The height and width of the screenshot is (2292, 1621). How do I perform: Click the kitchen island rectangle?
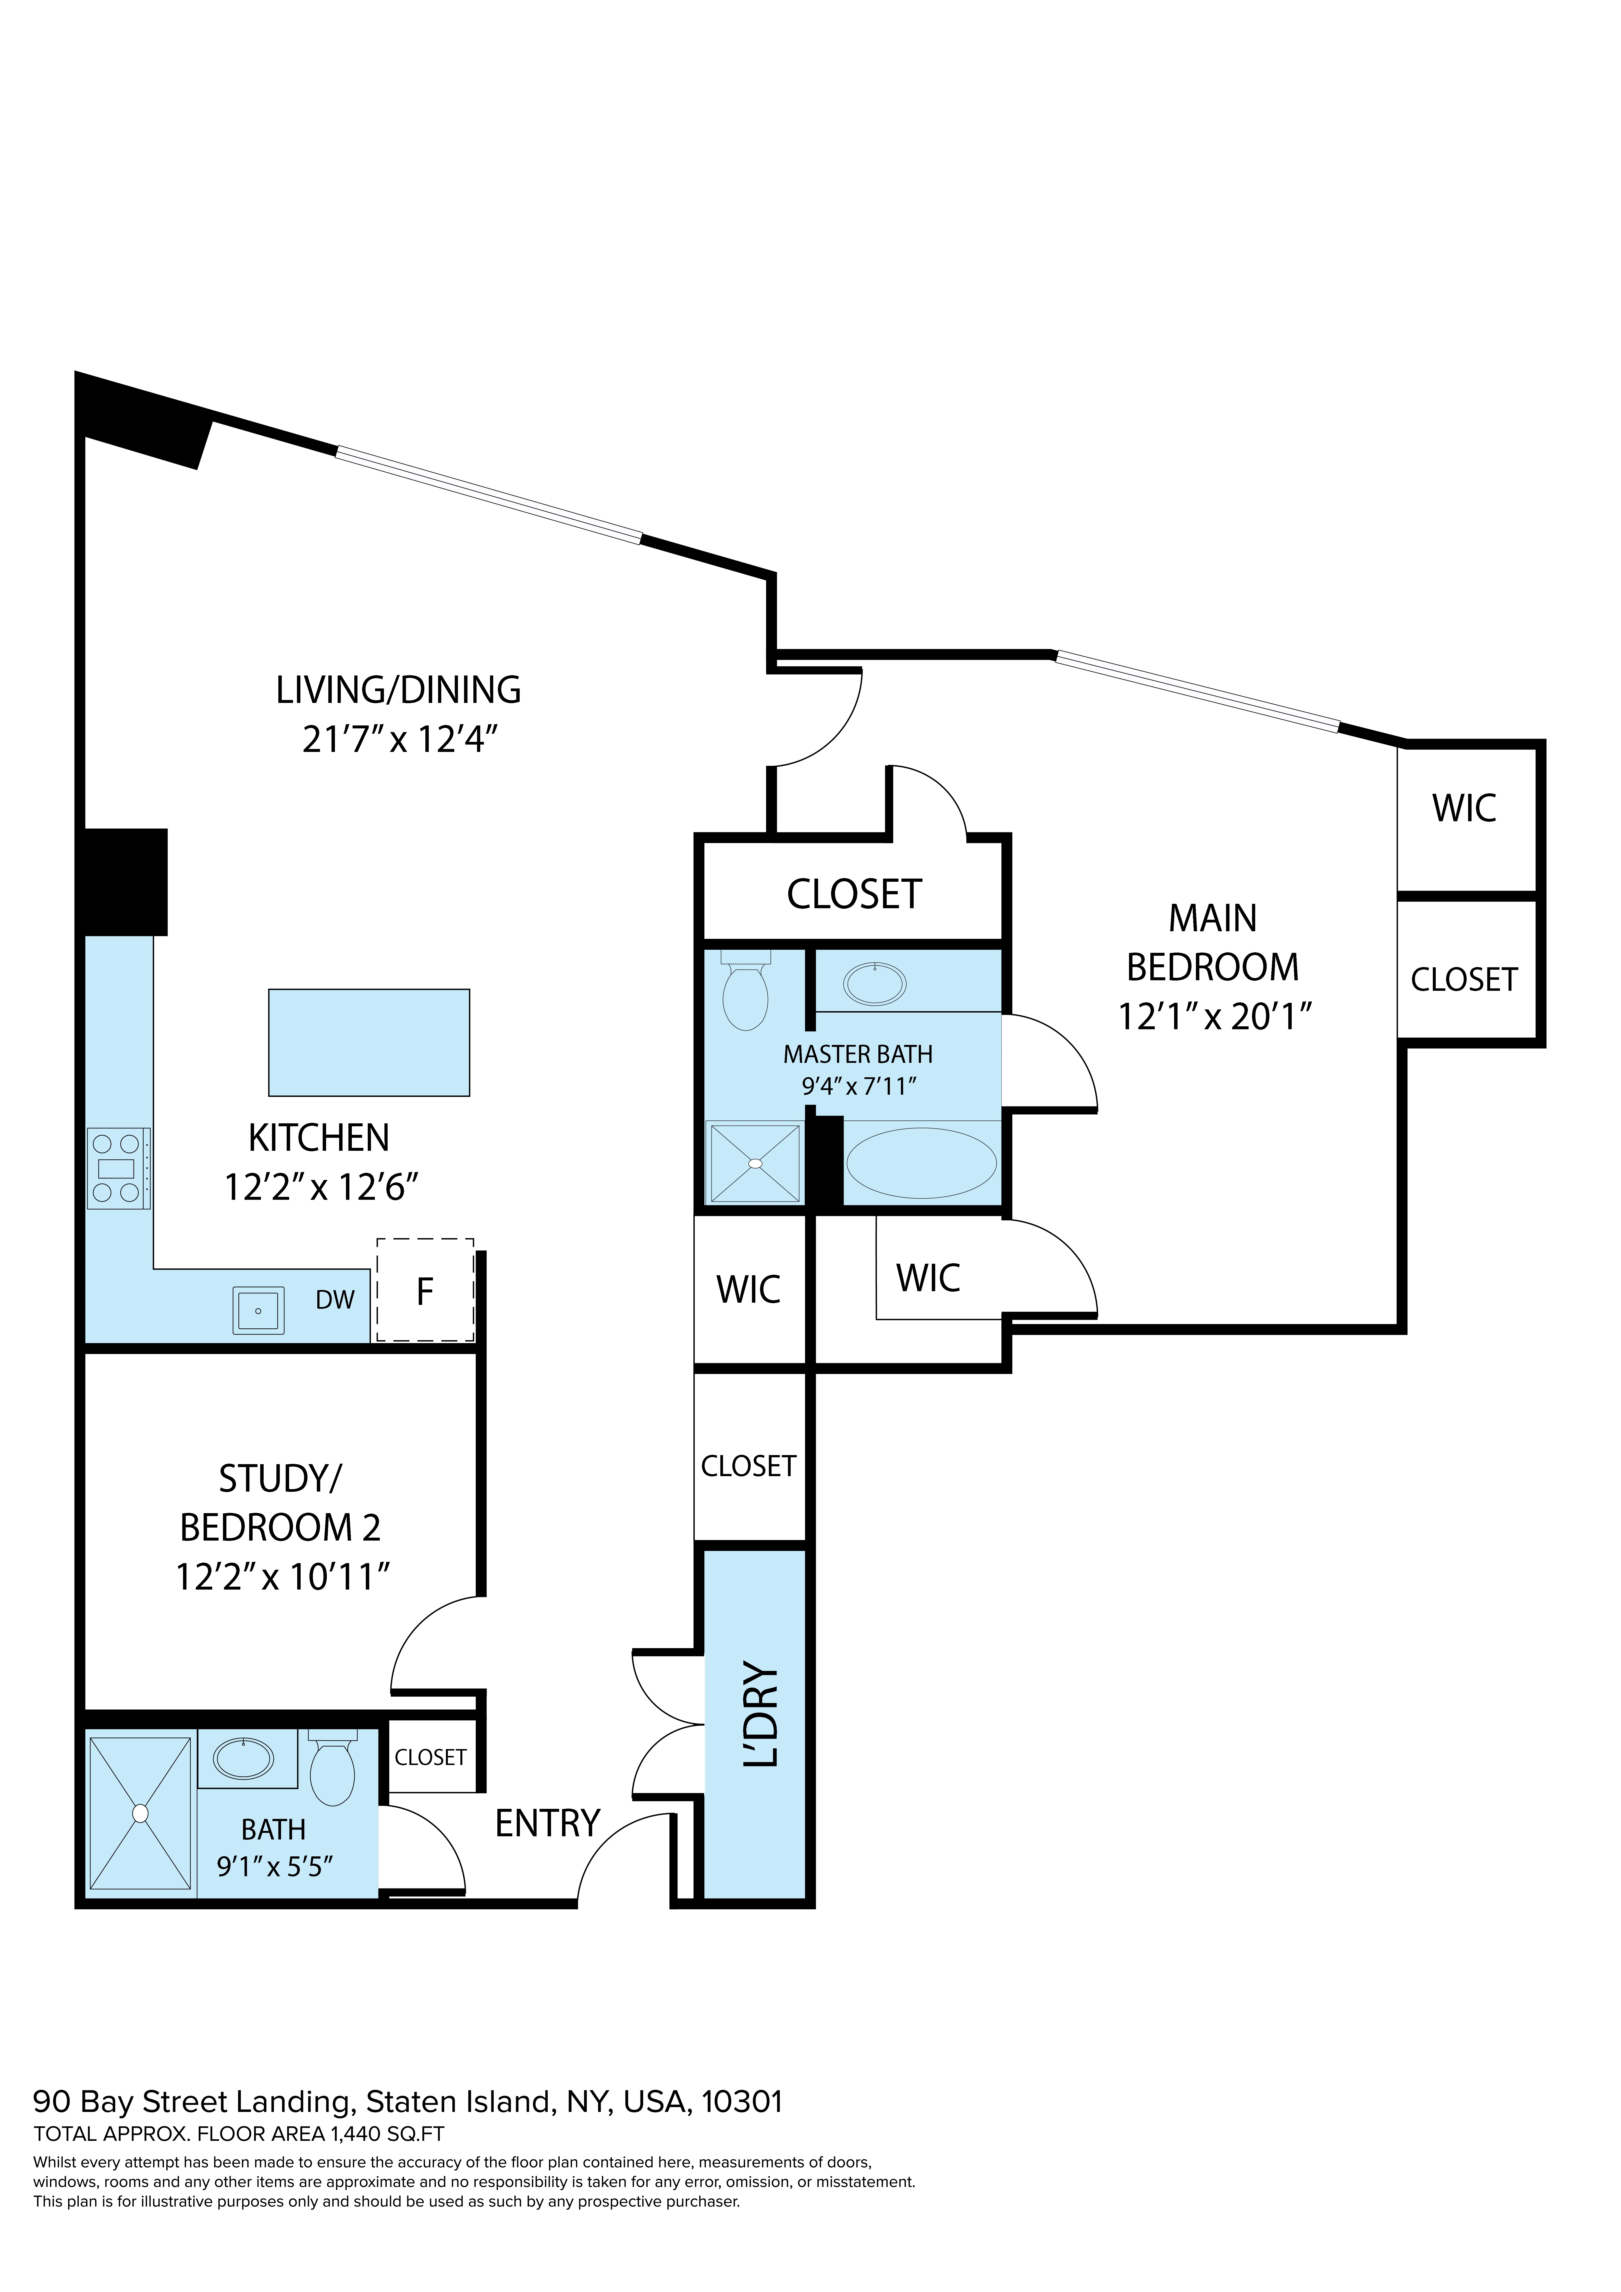pos(368,1042)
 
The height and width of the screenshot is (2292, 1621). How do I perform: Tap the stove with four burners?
pos(118,1168)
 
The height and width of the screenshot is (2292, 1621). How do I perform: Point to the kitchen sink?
pos(258,1310)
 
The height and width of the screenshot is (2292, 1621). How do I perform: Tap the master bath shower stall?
pos(755,1163)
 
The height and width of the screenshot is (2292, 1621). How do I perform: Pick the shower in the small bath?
pos(140,1813)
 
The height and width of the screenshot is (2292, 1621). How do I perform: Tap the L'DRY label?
pos(761,1714)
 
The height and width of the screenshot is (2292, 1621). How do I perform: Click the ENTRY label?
pos(547,1824)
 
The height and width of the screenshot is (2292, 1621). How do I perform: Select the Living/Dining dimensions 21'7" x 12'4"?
pos(399,740)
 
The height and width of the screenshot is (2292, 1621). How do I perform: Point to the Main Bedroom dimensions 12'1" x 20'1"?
pos(1214,1016)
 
